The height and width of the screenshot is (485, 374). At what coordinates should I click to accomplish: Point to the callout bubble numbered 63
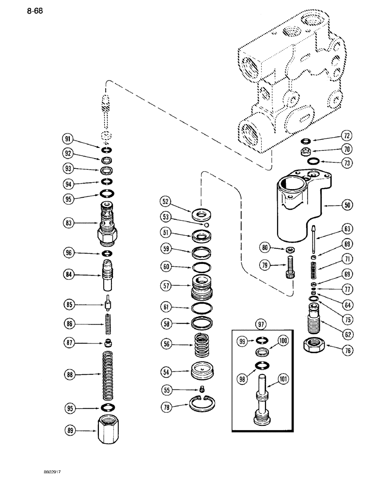[x=346, y=228]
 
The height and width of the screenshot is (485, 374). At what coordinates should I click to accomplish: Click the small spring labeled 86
[x=106, y=321]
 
